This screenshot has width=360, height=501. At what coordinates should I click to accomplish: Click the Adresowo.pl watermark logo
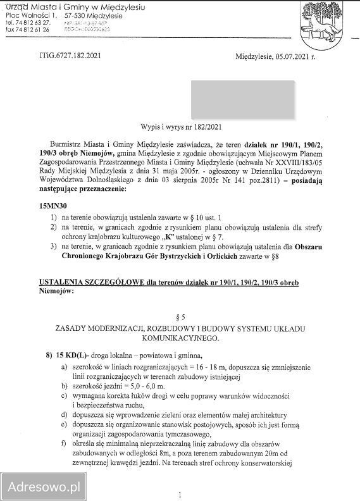pos(44,486)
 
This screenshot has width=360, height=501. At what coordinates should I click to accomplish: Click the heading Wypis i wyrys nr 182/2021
pos(180,127)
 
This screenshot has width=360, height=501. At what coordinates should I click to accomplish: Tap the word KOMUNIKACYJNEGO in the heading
pos(180,338)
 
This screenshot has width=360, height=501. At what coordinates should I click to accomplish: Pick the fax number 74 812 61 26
pos(32,29)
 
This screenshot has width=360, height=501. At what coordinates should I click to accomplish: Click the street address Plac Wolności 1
pos(30,14)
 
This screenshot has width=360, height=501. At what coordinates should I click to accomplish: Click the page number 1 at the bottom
pos(180,495)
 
